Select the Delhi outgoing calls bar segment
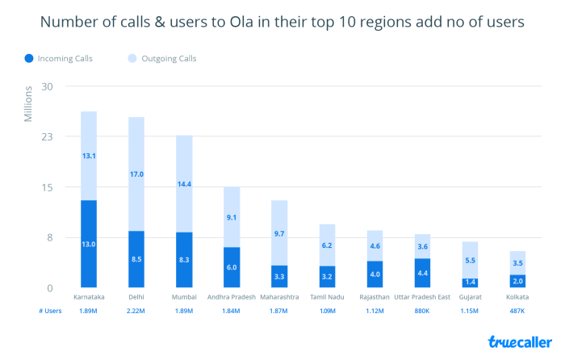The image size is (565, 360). [136, 174]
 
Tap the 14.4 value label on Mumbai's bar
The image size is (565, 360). [184, 184]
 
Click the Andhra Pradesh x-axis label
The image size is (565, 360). [232, 298]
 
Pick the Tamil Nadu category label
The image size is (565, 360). [327, 298]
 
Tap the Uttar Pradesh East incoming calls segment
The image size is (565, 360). [422, 273]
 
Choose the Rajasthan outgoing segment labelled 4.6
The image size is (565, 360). [375, 245]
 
